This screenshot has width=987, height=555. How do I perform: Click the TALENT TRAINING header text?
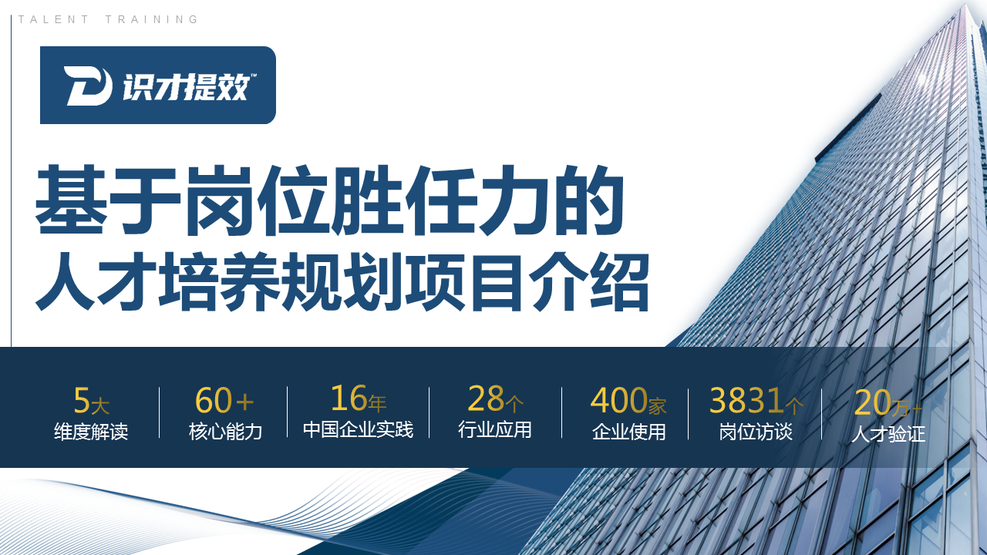pyautogui.click(x=109, y=20)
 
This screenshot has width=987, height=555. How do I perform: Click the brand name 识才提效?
pyautogui.click(x=186, y=86)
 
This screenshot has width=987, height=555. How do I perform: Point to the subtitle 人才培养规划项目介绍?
pyautogui.click(x=342, y=281)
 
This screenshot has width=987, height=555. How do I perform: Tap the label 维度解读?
pyautogui.click(x=91, y=432)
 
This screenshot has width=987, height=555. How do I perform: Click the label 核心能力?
pyautogui.click(x=225, y=432)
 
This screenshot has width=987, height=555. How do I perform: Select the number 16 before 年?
pyautogui.click(x=348, y=399)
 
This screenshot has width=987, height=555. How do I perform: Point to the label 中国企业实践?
pyautogui.click(x=358, y=429)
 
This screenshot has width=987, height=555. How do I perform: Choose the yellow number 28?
pyautogui.click(x=486, y=399)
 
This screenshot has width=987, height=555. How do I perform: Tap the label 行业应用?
pyautogui.click(x=495, y=429)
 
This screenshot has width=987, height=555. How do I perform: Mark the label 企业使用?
pyautogui.click(x=628, y=432)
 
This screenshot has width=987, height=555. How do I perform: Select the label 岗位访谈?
pyautogui.click(x=756, y=432)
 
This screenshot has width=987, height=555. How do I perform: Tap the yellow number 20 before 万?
pyautogui.click(x=871, y=403)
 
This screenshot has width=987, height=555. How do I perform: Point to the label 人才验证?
pyautogui.click(x=888, y=434)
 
